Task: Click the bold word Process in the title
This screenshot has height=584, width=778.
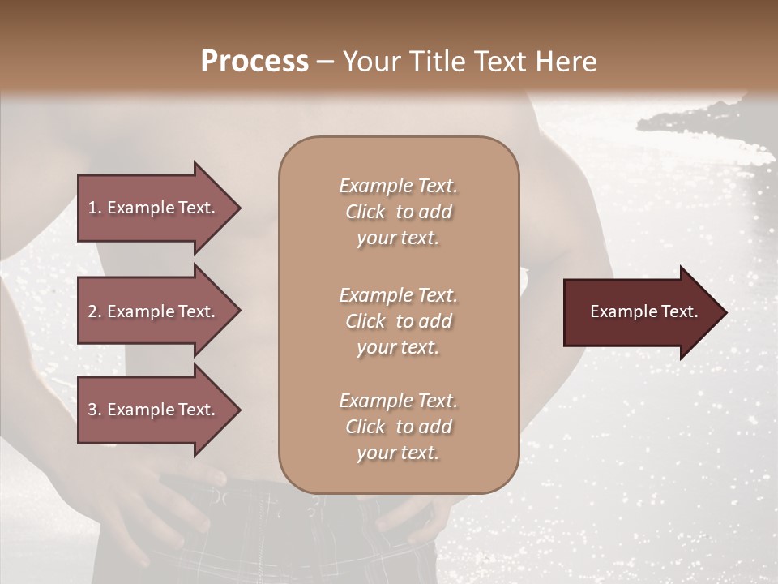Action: pos(254,62)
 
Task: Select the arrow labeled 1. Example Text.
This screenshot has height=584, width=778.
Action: pos(154,208)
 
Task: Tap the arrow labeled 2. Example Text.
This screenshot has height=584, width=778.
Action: pos(154,311)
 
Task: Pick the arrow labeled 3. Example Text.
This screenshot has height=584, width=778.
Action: pos(154,410)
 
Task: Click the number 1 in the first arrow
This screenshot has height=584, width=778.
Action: pos(92,208)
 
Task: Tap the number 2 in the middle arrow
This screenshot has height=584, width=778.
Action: pos(92,311)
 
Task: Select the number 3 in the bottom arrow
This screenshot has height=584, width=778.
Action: pos(92,410)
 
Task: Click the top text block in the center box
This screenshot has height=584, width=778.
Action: pos(398,212)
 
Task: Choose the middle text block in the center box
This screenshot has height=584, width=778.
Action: pos(398,321)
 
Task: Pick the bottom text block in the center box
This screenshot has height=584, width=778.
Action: pos(398,427)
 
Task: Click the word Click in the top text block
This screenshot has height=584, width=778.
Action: pos(365,212)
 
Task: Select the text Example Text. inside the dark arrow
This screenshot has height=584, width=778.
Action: pos(643,311)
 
